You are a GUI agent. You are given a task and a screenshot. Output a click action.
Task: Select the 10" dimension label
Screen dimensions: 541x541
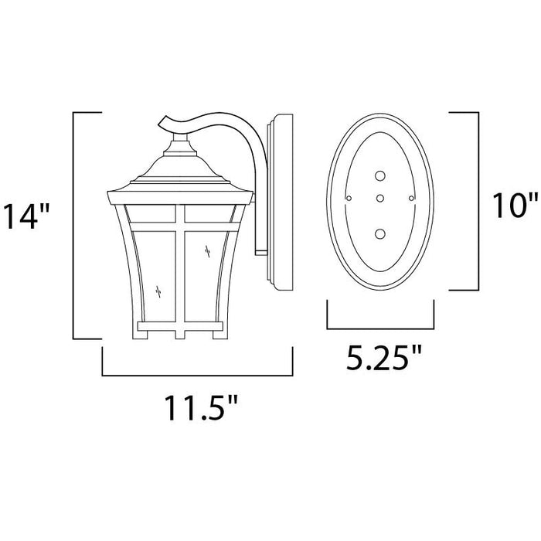[x=513, y=205]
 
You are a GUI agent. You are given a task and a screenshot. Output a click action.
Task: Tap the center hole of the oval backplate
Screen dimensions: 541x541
[x=380, y=198]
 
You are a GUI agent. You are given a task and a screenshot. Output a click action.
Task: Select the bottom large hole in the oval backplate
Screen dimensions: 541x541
[x=380, y=233]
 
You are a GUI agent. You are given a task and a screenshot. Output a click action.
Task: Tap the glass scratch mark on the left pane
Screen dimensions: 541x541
[x=158, y=292]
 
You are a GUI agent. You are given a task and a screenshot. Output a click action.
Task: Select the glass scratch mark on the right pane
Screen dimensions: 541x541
[x=208, y=249]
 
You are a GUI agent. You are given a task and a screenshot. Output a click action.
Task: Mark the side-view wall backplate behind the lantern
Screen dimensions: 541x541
[x=279, y=205]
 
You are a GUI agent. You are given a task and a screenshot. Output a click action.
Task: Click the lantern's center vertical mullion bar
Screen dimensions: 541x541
[x=179, y=263]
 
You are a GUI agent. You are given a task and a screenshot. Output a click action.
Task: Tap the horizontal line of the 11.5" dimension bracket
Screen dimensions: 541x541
[x=197, y=375]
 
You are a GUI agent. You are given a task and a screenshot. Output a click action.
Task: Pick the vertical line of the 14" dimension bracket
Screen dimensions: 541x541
[x=73, y=224]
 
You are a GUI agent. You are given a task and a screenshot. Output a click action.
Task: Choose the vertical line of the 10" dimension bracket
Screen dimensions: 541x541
[x=478, y=201]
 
